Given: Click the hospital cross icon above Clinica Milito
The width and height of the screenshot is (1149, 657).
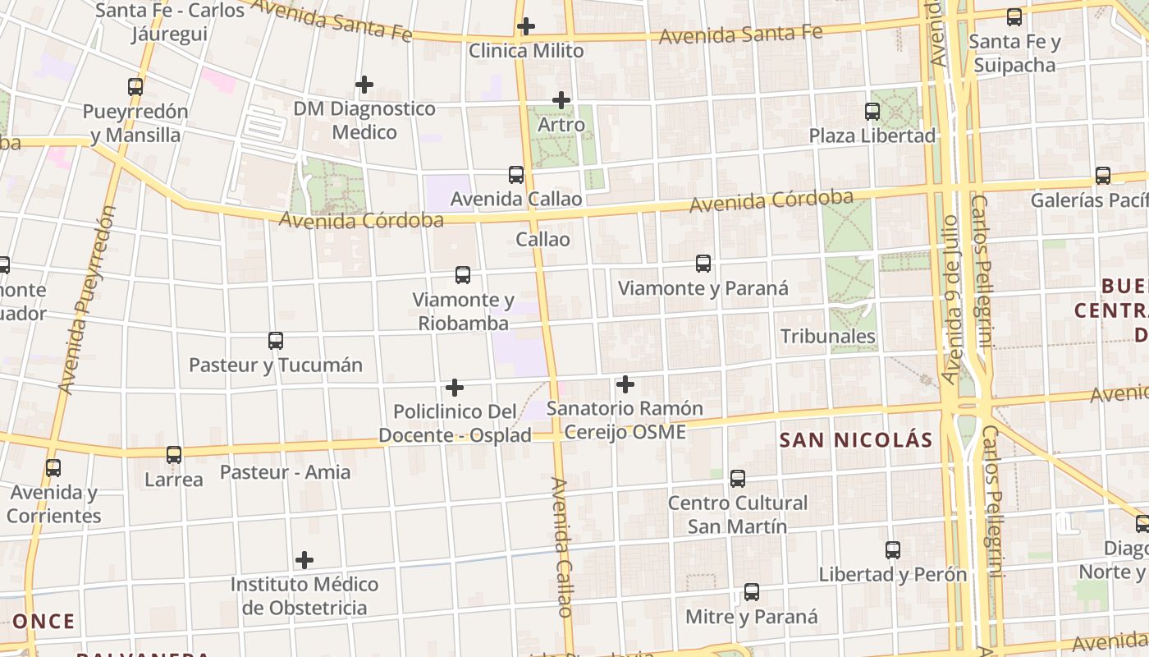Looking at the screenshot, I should tap(526, 26).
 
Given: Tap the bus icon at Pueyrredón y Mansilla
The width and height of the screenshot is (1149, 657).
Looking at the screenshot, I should tap(135, 86).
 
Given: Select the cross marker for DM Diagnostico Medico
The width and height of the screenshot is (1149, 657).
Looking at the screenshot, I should tap(364, 85).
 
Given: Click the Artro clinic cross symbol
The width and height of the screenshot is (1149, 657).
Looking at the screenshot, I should tap(561, 101).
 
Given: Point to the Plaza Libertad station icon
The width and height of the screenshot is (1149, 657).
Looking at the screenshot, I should tap(872, 111).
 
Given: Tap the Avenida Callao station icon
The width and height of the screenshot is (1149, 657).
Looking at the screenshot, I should tap(516, 175).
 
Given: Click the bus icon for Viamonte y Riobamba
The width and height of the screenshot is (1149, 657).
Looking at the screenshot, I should tap(463, 275).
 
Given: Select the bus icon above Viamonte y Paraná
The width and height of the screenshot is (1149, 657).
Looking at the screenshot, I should tap(703, 264).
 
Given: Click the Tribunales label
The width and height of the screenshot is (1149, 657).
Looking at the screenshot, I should tap(827, 336).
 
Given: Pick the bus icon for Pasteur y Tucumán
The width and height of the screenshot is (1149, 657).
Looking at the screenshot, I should tap(276, 340).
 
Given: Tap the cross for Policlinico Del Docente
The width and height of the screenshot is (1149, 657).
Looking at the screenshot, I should tap(455, 388).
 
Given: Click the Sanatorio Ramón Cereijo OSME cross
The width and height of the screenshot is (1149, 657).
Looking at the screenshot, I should tap(625, 384).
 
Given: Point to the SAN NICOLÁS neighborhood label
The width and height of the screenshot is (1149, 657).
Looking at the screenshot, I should tap(856, 440).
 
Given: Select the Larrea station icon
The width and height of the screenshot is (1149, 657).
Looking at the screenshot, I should tap(174, 454).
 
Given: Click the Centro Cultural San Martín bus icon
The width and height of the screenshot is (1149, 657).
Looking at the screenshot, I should tap(738, 478).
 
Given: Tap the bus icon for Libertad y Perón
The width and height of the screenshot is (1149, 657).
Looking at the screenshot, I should tap(893, 550).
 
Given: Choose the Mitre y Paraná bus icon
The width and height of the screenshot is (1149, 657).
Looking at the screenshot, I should tap(752, 592).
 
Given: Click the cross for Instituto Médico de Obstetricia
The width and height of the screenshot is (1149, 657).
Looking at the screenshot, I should tap(304, 561).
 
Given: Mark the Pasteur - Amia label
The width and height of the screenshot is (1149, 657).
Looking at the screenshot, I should tap(285, 472).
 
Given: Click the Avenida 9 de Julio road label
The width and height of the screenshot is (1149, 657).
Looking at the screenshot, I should tap(950, 300).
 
